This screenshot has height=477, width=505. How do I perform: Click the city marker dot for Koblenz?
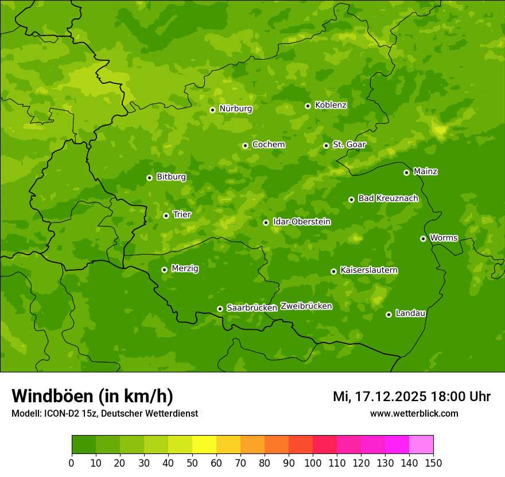308,106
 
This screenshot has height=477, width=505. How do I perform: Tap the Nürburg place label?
235,109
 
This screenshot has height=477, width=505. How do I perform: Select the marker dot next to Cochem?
245,145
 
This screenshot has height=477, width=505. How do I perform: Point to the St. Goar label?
349,144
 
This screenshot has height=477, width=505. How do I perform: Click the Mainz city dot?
406,172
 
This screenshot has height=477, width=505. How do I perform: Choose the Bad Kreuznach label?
388,198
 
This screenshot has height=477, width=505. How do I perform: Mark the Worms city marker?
423,238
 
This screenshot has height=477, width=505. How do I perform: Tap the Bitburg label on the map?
171,177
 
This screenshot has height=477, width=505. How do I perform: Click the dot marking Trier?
166,216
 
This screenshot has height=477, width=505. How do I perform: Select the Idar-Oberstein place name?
302,222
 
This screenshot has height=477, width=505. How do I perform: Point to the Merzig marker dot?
164,270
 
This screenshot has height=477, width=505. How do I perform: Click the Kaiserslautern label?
369,270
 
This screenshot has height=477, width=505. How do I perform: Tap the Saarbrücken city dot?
220,309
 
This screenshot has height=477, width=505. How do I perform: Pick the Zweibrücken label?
306,306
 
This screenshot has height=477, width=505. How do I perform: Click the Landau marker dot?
389,314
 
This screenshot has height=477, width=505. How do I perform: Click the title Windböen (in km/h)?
92,396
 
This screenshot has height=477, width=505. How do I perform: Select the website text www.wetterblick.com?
414,413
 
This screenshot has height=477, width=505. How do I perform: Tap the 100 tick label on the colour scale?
313,463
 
